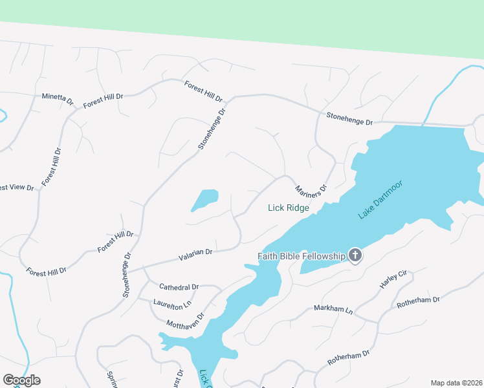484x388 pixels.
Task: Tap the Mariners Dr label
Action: point(311,190)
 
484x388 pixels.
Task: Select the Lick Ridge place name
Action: point(289,208)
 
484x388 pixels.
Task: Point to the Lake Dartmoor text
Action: point(380,200)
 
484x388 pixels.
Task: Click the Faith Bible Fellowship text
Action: point(302,256)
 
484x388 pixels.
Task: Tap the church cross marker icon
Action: point(355,256)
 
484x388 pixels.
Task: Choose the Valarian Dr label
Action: point(195,256)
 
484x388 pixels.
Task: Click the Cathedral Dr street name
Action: point(179,286)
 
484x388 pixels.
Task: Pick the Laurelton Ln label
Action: point(173,303)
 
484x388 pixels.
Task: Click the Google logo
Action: point(21,380)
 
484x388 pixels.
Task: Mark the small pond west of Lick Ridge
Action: point(206,199)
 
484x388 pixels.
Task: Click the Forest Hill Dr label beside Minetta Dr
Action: point(103,97)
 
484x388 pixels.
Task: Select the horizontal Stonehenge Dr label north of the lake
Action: point(350,119)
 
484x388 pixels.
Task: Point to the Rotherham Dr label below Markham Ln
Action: point(348,358)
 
